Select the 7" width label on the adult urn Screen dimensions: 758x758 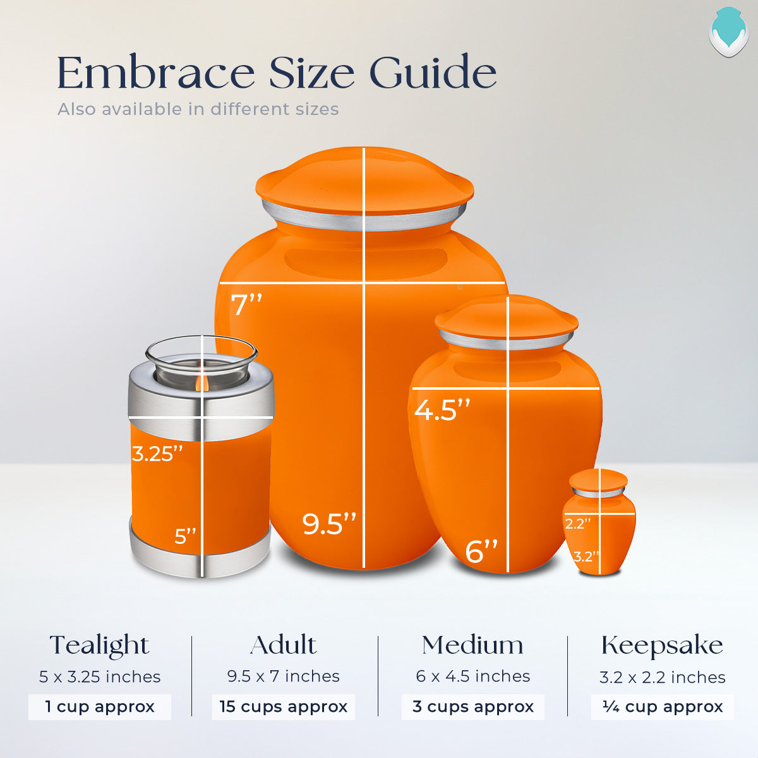pos(246,305)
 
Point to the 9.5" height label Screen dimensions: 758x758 pos(328,524)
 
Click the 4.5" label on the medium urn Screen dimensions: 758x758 pos(442,411)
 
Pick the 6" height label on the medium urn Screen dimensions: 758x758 pos(481,551)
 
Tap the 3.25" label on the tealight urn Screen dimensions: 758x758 pos(157,454)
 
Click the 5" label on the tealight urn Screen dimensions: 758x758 pos(185,536)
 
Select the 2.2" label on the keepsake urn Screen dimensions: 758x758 pos(577,524)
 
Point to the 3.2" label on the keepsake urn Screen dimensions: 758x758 pos(586,556)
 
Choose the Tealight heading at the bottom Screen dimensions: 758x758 pos(99,646)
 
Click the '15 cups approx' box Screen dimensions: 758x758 pos(283,706)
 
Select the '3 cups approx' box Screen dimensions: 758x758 pos(472,706)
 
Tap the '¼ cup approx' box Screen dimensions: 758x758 pos(662,706)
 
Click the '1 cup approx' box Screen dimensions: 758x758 pos(99,706)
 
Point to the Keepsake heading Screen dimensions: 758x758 pos(662,646)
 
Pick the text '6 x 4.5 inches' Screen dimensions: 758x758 pos(472,677)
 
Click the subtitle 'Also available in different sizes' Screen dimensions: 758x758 pos(198,109)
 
